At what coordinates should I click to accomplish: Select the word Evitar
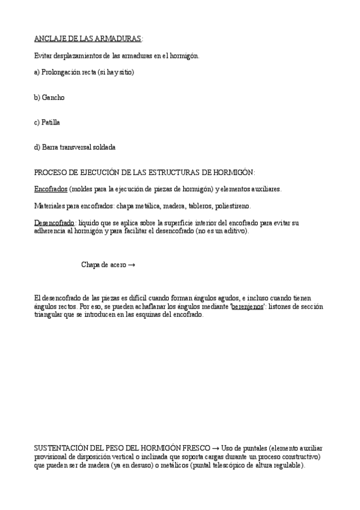pyautogui.click(x=43, y=56)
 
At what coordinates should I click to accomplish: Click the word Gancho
pyautogui.click(x=53, y=97)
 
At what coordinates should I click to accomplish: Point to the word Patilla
pyautogui.click(x=50, y=122)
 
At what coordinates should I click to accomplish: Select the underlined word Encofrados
pyautogui.click(x=50, y=189)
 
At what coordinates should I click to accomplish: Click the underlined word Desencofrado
pyautogui.click(x=54, y=223)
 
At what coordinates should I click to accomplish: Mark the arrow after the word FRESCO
pyautogui.click(x=215, y=449)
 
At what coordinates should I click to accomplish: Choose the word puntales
pyautogui.click(x=252, y=449)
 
